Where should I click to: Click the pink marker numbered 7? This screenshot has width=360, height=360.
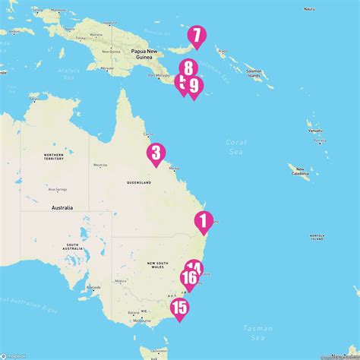point(196,35)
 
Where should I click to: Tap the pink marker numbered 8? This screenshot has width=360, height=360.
point(190,68)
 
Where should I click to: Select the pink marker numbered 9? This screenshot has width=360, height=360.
point(194,87)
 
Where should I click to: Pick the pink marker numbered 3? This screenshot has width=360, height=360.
point(156,153)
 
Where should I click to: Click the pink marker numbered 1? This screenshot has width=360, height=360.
point(203,221)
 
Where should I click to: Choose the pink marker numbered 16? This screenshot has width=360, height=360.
point(189,278)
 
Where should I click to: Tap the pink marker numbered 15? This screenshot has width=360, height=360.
point(180,308)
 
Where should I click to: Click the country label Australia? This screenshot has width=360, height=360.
point(61,207)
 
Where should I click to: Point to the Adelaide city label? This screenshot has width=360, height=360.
point(94,287)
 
